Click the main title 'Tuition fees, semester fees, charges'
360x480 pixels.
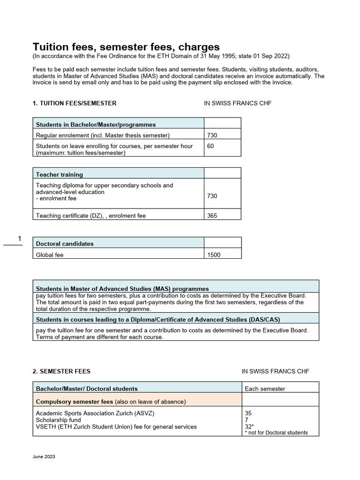coord(126,47)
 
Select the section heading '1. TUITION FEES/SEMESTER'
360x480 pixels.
coord(75,103)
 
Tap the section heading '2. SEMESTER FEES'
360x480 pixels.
coord(61,371)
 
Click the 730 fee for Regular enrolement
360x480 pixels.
coord(212,135)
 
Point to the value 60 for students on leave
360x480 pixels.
coord(210,146)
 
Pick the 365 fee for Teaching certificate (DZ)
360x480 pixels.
coord(212,216)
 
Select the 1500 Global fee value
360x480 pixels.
coord(213,255)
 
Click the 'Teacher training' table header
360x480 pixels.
coord(60,174)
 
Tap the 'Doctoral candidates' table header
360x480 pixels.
coord(65,244)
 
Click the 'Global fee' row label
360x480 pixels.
coord(50,255)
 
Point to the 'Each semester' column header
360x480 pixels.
coord(265,389)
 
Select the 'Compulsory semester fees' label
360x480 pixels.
coord(75,401)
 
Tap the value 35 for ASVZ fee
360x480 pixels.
coord(248,413)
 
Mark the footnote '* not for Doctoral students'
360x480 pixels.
coord(276,433)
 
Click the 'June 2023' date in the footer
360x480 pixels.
coord(44,457)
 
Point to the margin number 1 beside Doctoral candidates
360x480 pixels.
coord(20,240)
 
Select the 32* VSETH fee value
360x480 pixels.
coord(249,427)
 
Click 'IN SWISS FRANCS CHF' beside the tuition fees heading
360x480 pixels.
coord(238,103)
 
